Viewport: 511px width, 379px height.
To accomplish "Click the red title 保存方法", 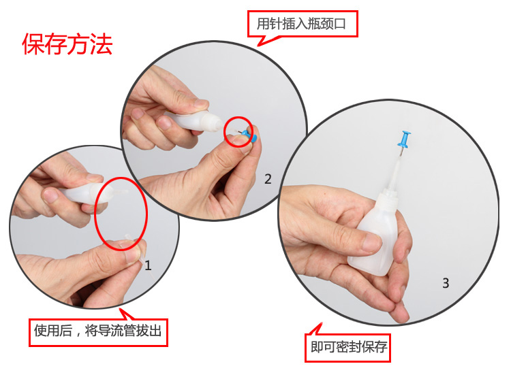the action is click(67, 44).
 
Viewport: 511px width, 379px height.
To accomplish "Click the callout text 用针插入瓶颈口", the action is click(301, 24).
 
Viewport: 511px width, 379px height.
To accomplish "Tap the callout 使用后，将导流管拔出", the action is click(98, 331).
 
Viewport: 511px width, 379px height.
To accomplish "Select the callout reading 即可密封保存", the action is click(349, 347).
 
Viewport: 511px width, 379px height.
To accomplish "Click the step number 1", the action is click(148, 265).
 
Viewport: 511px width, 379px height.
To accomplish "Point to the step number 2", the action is click(268, 179).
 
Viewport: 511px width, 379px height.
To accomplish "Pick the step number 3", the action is click(446, 283).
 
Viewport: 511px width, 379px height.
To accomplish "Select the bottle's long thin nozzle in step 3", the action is click(395, 172).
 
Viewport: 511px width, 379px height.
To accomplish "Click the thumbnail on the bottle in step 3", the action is click(371, 243).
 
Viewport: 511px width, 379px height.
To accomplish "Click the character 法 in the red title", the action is click(102, 44).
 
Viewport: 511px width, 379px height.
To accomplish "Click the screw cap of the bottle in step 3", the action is click(388, 199).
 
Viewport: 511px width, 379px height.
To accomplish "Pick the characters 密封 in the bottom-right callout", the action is click(349, 347).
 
